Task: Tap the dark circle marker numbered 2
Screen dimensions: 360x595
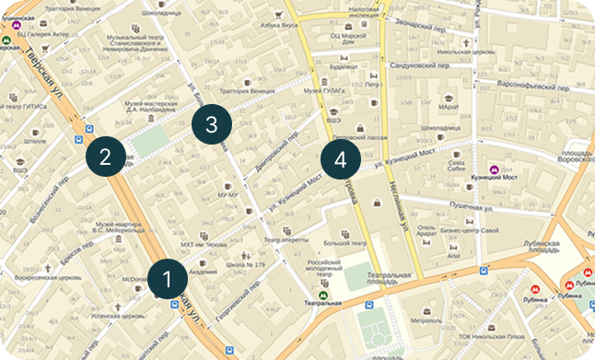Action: pos(105,156)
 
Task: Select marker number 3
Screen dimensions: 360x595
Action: pos(211,125)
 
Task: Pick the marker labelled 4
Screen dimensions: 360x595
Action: pos(341,158)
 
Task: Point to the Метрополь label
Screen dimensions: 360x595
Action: pos(426,321)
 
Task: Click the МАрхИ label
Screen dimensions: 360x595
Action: pos(449,107)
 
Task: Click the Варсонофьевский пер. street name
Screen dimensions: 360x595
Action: pos(510,84)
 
